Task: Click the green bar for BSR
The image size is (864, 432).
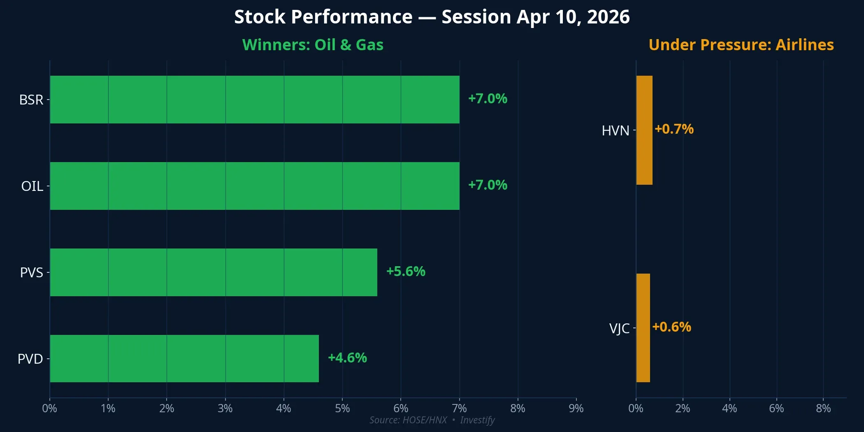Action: pyautogui.click(x=254, y=100)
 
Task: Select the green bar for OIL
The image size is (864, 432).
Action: pyautogui.click(x=254, y=186)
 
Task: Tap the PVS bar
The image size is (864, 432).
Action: pyautogui.click(x=213, y=272)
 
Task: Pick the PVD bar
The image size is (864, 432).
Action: pyautogui.click(x=184, y=359)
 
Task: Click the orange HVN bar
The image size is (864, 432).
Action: pyautogui.click(x=644, y=130)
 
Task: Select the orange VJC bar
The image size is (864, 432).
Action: pyautogui.click(x=643, y=328)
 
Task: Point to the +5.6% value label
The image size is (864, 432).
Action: pyautogui.click(x=406, y=272)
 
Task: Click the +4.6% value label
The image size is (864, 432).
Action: pyautogui.click(x=347, y=358)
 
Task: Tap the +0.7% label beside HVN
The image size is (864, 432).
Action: pyautogui.click(x=674, y=129)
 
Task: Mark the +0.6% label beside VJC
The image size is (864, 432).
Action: pyautogui.click(x=671, y=327)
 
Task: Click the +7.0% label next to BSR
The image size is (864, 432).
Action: pyautogui.click(x=488, y=99)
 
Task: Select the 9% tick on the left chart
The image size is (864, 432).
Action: pyautogui.click(x=576, y=409)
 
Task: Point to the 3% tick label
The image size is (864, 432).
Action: pyautogui.click(x=225, y=409)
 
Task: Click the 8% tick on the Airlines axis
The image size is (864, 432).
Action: pyautogui.click(x=823, y=409)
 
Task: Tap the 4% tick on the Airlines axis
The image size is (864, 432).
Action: pyautogui.click(x=729, y=409)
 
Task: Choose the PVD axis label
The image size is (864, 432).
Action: pyautogui.click(x=30, y=359)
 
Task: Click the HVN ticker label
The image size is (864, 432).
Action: pyautogui.click(x=615, y=131)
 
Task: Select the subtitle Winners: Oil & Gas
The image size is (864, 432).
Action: pyautogui.click(x=313, y=45)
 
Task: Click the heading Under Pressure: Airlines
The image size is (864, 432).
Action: pyautogui.click(x=741, y=45)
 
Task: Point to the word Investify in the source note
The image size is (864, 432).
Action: pyautogui.click(x=477, y=420)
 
